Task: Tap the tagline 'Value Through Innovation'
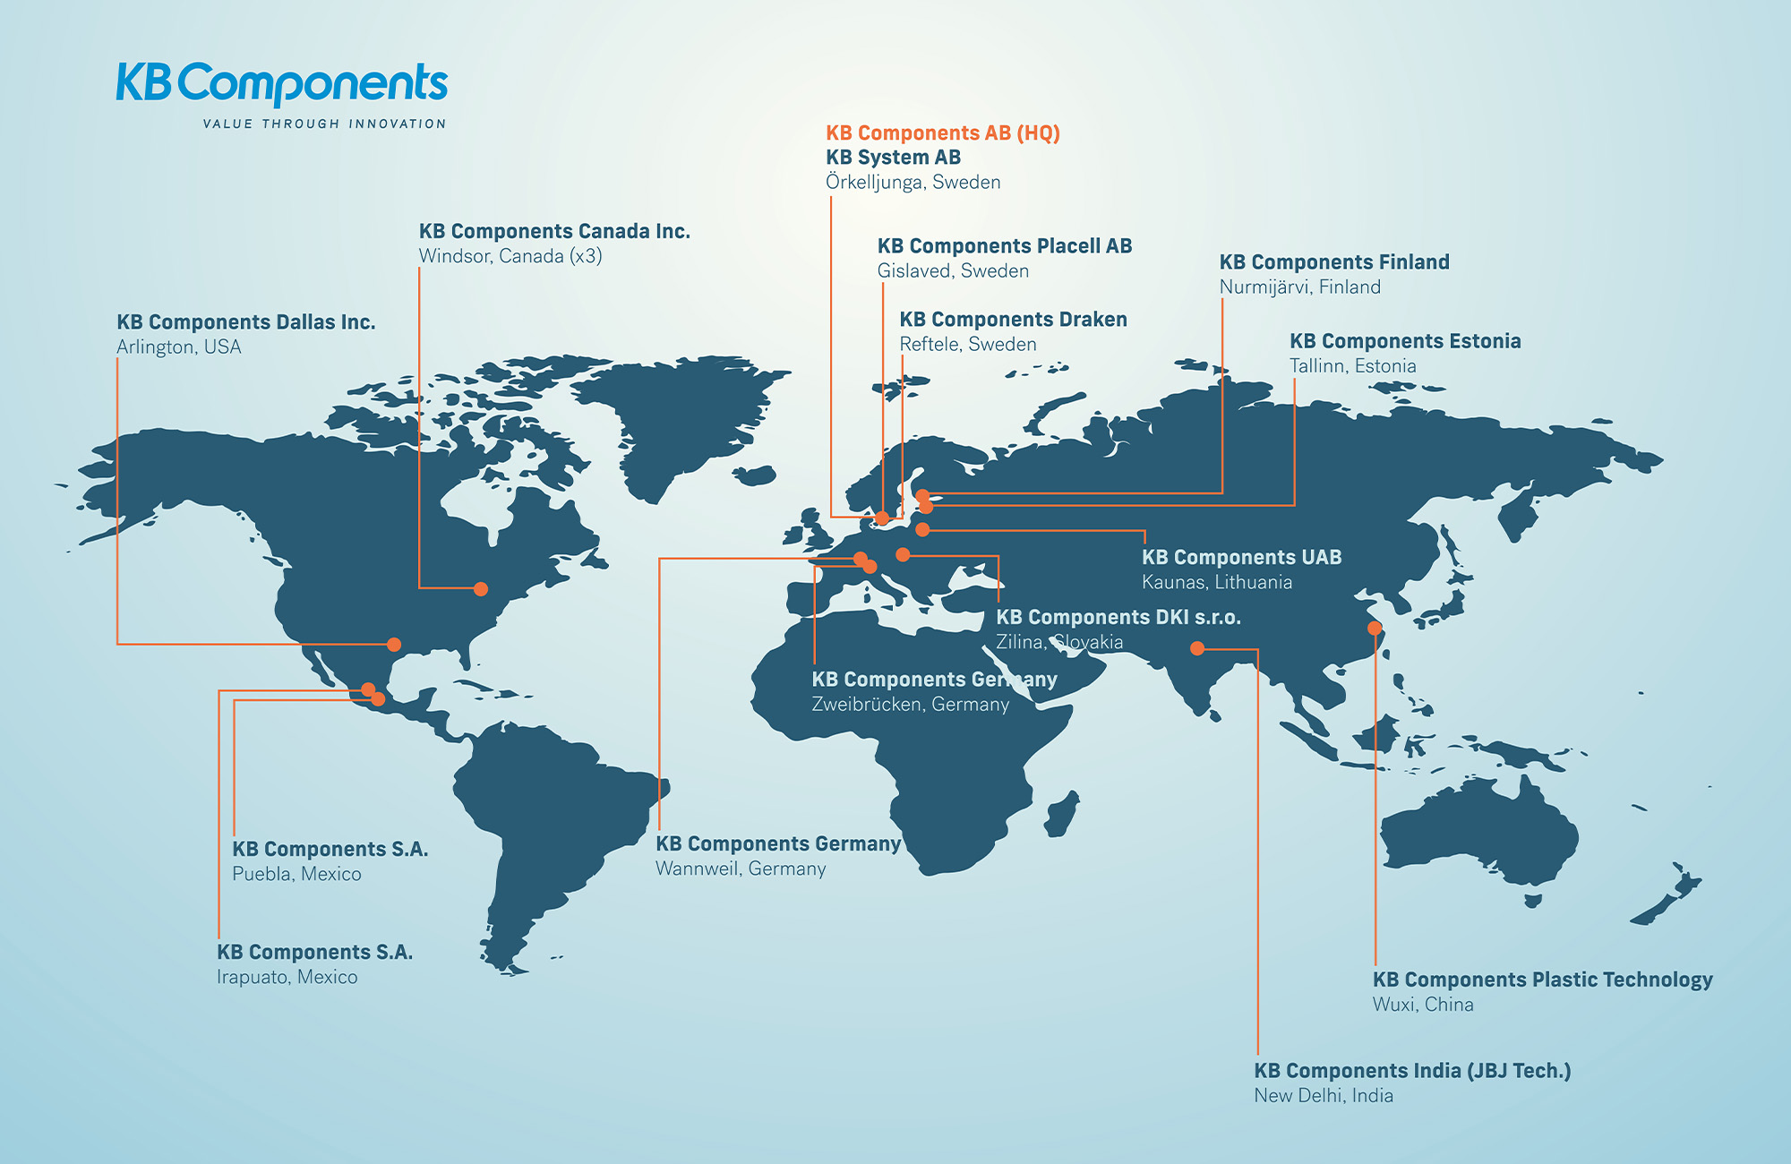[x=324, y=124]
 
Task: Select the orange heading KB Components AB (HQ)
[x=942, y=133]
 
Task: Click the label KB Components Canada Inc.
[x=554, y=231]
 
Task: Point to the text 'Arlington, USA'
[x=179, y=347]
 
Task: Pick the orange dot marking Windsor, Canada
[x=481, y=589]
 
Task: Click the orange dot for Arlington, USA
[x=394, y=644]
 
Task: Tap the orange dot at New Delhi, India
[x=1197, y=648]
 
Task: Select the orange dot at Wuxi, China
[x=1375, y=628]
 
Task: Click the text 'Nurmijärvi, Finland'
[x=1299, y=287]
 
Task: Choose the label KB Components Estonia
[x=1405, y=341]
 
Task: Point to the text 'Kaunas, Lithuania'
[x=1216, y=583]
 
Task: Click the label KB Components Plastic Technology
[x=1542, y=980]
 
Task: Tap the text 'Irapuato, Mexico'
[x=287, y=978]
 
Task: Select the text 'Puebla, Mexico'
[x=296, y=875]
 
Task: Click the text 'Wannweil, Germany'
[x=741, y=869]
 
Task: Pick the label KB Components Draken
[x=1013, y=320]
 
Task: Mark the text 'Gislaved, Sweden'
[x=953, y=271]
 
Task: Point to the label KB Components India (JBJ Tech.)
[x=1412, y=1071]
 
